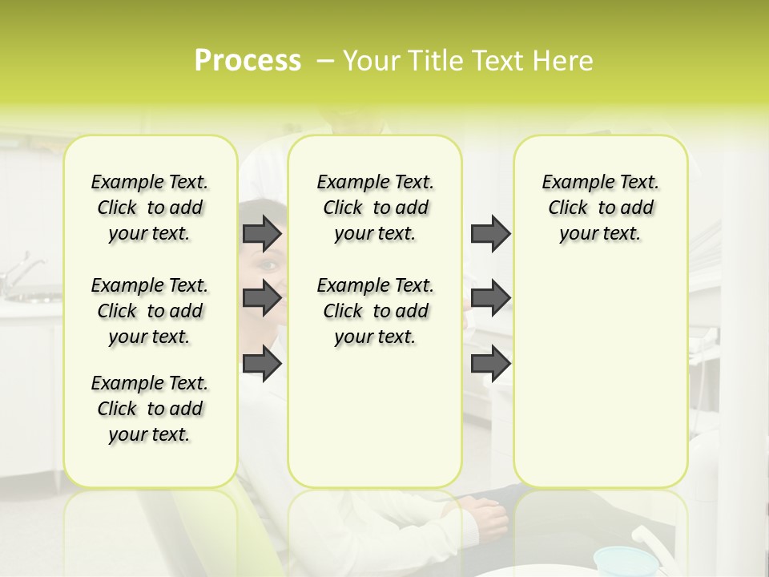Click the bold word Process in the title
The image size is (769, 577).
click(x=248, y=61)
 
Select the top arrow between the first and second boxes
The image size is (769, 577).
click(x=262, y=233)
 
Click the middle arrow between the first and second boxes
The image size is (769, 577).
click(x=262, y=299)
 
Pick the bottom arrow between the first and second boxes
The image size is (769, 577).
click(x=262, y=364)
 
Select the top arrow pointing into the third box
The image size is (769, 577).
click(x=490, y=233)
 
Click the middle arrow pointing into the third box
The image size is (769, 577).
click(x=490, y=299)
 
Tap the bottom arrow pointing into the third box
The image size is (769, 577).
click(x=490, y=364)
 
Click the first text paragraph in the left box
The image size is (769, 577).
click(x=150, y=208)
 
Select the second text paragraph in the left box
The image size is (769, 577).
click(x=150, y=311)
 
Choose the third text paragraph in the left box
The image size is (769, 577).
click(x=150, y=409)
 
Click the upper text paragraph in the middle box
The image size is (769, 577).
click(x=376, y=208)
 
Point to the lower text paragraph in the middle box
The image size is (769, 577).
click(x=376, y=311)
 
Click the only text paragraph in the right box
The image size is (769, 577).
click(x=601, y=208)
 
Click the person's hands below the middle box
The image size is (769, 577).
click(x=485, y=513)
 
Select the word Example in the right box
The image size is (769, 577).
click(x=572, y=183)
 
